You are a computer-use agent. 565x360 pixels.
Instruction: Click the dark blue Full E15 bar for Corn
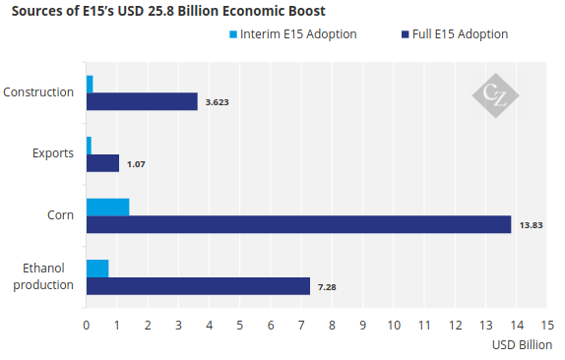pyautogui.click(x=298, y=224)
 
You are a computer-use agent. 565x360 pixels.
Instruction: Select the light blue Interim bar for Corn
pyautogui.click(x=107, y=207)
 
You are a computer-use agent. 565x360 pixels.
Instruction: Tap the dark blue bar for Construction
pyautogui.click(x=142, y=101)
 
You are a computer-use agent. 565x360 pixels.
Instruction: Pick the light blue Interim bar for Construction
pyautogui.click(x=90, y=85)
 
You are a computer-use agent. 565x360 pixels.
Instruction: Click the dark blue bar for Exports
pyautogui.click(x=102, y=163)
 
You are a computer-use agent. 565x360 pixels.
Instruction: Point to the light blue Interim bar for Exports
pyautogui.click(x=89, y=146)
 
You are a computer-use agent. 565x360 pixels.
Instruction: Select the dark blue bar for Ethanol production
pyautogui.click(x=198, y=286)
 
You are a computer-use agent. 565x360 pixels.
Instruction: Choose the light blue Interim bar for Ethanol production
pyautogui.click(x=97, y=269)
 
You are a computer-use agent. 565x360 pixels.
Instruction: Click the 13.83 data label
pyautogui.click(x=531, y=225)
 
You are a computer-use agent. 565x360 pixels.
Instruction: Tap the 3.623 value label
pyautogui.click(x=217, y=102)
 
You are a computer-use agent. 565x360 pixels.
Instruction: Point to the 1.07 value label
pyautogui.click(x=136, y=164)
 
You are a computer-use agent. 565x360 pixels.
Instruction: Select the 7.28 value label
pyautogui.click(x=327, y=287)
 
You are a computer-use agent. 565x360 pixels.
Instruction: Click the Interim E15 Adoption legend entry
pyautogui.click(x=293, y=34)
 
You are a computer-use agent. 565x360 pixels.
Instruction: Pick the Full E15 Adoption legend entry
pyautogui.click(x=455, y=34)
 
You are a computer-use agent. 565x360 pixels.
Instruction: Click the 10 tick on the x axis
pyautogui.click(x=394, y=326)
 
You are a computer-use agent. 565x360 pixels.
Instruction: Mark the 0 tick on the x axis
pyautogui.click(x=86, y=326)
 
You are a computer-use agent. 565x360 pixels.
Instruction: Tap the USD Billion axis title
pyautogui.click(x=522, y=345)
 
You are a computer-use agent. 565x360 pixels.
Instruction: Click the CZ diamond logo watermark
pyautogui.click(x=496, y=95)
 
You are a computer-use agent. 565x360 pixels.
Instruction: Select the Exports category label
pyautogui.click(x=53, y=153)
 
